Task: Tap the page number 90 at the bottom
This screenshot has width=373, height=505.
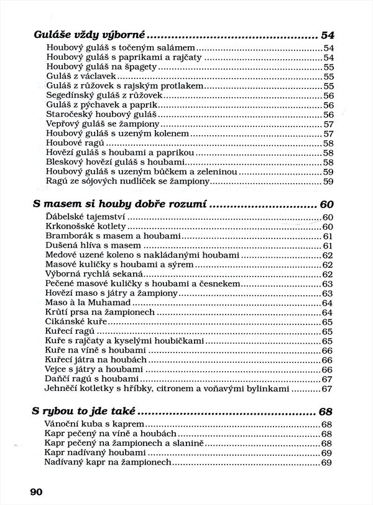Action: (x=35, y=491)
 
